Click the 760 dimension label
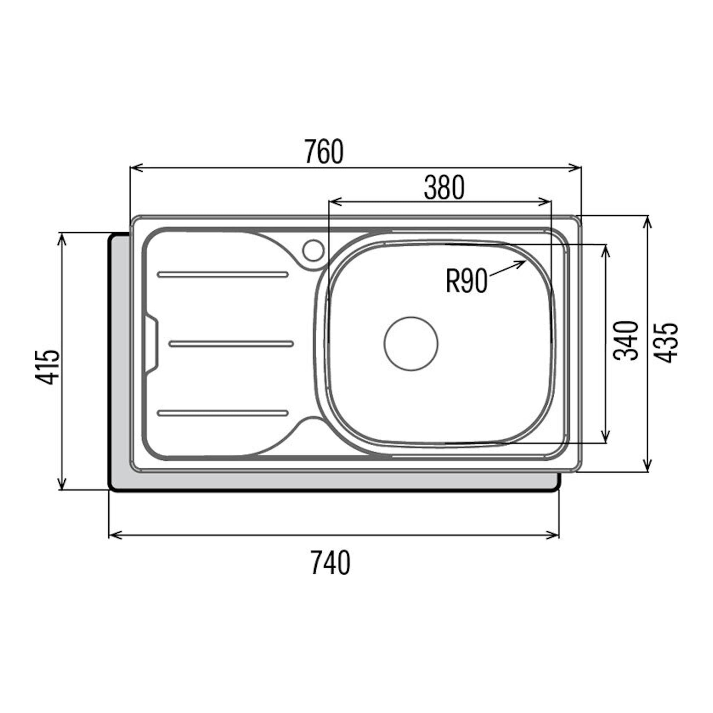[324, 151]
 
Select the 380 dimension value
[444, 187]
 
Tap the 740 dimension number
[330, 562]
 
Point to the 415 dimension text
[47, 367]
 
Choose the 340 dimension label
[625, 341]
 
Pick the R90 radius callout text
[467, 281]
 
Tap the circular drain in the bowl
[411, 343]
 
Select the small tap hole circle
[313, 250]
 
